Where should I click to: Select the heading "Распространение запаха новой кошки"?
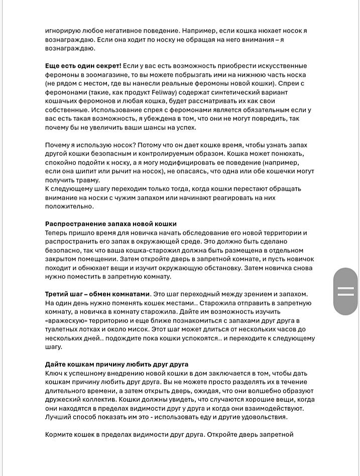[110, 224]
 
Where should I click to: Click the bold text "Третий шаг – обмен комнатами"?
[97, 293]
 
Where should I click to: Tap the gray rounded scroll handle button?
[346, 291]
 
